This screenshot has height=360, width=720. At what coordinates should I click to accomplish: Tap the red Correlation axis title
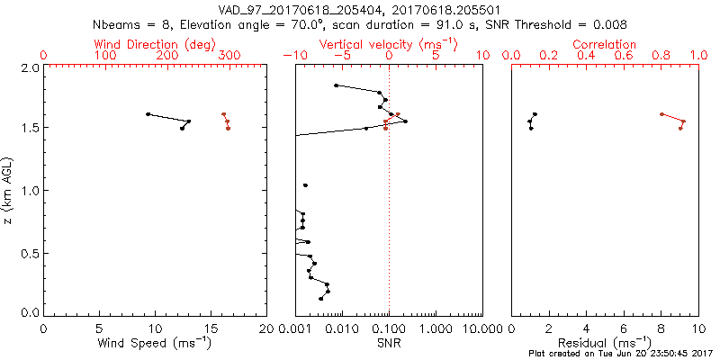605,44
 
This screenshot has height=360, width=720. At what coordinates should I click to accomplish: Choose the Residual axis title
605,344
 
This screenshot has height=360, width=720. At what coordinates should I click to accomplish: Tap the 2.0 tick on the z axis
30,67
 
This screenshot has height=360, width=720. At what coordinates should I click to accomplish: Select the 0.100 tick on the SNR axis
389,328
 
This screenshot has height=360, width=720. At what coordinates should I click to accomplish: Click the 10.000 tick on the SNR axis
480,328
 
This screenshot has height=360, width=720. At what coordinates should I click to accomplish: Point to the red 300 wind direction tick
229,56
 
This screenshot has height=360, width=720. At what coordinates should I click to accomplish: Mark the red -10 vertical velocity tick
291,56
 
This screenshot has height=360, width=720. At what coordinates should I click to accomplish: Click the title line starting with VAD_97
359,10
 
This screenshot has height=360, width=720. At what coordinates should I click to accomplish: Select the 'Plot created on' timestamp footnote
623,354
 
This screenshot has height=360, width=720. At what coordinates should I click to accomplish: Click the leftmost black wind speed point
148,114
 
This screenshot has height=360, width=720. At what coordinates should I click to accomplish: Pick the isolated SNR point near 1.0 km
306,185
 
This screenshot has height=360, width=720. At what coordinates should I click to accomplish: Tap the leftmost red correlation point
661,114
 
